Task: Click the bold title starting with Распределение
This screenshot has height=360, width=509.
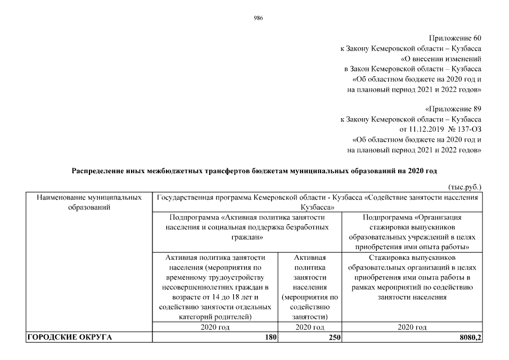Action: (254, 170)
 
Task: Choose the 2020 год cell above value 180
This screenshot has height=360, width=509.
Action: (216, 327)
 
